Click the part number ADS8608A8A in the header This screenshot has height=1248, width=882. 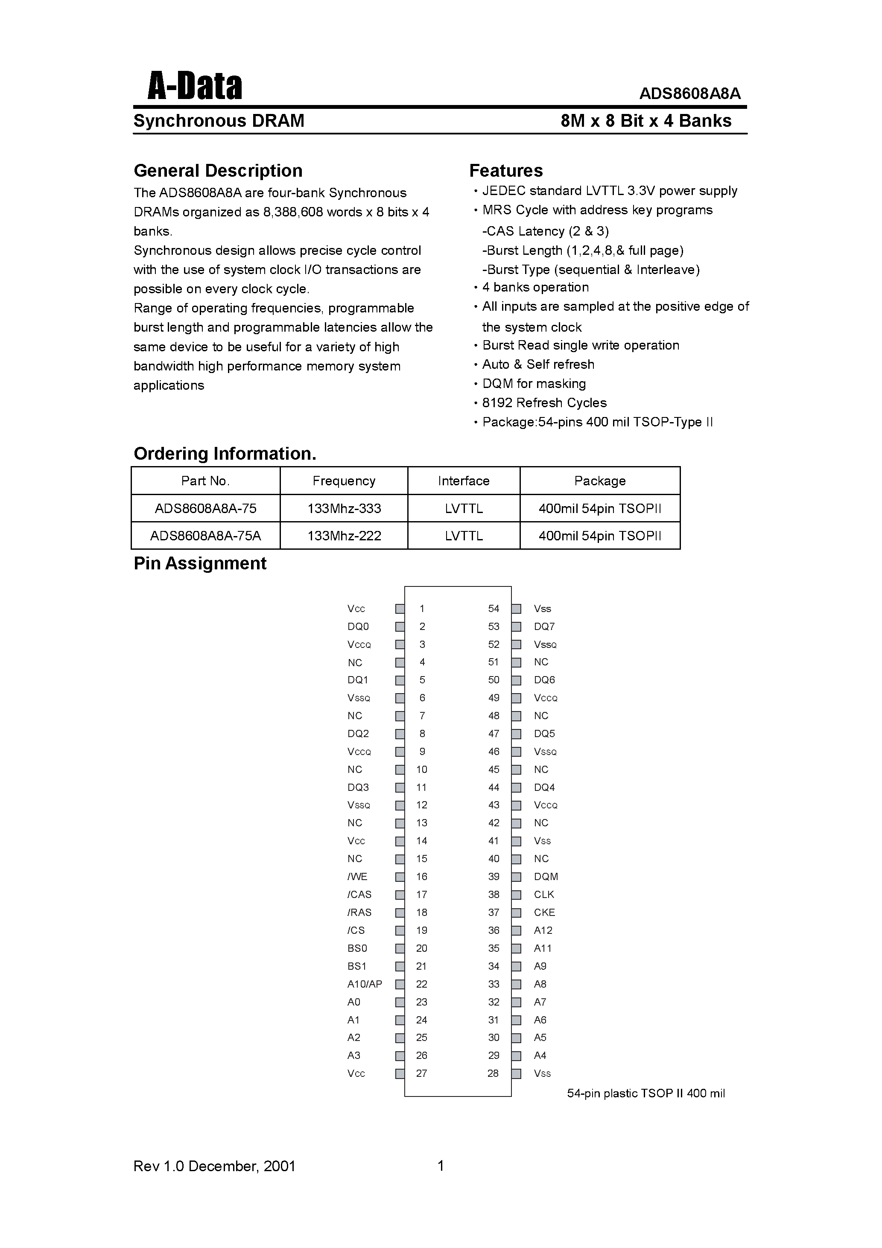(689, 93)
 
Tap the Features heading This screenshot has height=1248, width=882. (506, 171)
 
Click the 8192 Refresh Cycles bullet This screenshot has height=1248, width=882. (544, 403)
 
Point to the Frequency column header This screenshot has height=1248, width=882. (344, 481)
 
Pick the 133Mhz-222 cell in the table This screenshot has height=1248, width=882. (344, 536)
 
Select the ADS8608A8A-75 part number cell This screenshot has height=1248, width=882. (205, 509)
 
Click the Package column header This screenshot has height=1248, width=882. (600, 481)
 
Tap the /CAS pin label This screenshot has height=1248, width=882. (359, 894)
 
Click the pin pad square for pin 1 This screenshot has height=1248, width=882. (400, 609)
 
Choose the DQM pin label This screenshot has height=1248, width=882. (546, 876)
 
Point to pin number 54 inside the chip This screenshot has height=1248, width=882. (493, 609)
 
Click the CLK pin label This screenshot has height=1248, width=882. (544, 894)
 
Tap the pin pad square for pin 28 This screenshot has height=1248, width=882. (517, 1073)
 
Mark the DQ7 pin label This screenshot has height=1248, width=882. (544, 627)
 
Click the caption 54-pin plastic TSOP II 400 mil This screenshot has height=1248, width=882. (645, 1093)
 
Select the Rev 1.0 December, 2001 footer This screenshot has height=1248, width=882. (214, 1166)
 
